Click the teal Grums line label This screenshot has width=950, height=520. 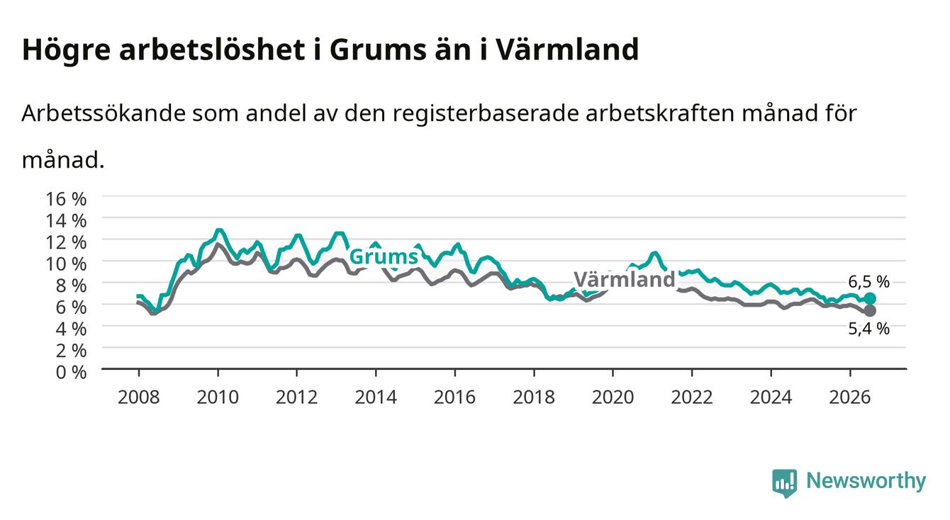pyautogui.click(x=384, y=257)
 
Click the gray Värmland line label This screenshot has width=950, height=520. pyautogui.click(x=625, y=280)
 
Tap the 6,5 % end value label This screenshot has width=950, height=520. pyautogui.click(x=868, y=281)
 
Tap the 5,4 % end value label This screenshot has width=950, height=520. pyautogui.click(x=868, y=329)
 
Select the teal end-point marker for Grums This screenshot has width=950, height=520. pyautogui.click(x=870, y=298)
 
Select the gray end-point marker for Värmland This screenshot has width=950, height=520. pyautogui.click(x=870, y=310)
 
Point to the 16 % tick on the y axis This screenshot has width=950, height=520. pyautogui.click(x=66, y=199)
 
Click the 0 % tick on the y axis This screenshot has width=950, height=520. pyautogui.click(x=71, y=372)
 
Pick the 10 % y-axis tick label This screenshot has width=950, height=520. pyautogui.click(x=66, y=264)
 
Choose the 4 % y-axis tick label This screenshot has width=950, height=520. pyautogui.click(x=71, y=329)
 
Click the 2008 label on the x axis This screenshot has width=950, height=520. pyautogui.click(x=139, y=397)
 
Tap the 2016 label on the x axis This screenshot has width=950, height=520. pyautogui.click(x=454, y=397)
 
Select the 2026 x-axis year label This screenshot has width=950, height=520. pyautogui.click(x=850, y=397)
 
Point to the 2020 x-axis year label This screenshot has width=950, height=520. pyautogui.click(x=613, y=397)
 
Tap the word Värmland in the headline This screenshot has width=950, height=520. pyautogui.click(x=566, y=49)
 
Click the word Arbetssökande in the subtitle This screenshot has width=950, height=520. pyautogui.click(x=104, y=113)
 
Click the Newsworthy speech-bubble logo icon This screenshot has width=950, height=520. pyautogui.click(x=785, y=483)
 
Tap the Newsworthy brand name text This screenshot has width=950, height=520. pyautogui.click(x=866, y=481)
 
